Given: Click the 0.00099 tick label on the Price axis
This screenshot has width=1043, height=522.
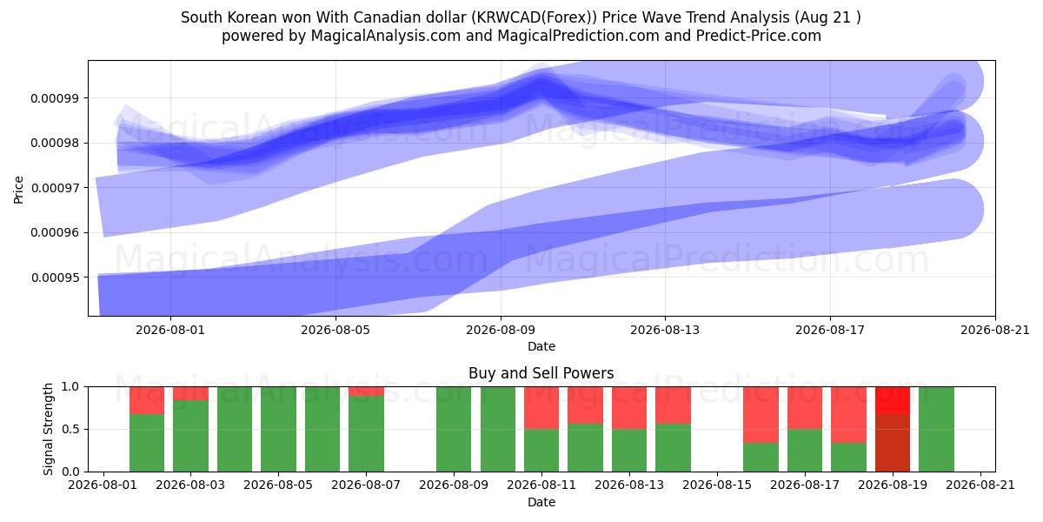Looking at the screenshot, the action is (55, 98).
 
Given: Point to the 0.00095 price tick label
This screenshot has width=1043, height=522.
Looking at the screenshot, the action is (55, 278).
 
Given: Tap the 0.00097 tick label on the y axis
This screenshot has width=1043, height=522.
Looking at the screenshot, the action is (55, 188).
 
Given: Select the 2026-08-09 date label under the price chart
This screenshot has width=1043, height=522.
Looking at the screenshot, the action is (501, 330).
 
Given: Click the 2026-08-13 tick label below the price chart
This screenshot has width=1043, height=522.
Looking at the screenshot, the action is (665, 330).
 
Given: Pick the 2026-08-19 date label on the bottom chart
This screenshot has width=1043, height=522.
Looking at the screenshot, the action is (893, 485).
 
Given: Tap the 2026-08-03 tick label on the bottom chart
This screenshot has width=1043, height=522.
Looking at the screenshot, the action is (190, 485).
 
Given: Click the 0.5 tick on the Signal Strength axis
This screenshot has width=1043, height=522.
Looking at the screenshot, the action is (70, 429).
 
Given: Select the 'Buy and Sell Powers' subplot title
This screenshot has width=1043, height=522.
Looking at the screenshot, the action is (541, 373).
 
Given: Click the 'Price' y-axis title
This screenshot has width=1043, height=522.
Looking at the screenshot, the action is (18, 190).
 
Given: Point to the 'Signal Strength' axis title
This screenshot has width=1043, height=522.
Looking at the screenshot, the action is (48, 429).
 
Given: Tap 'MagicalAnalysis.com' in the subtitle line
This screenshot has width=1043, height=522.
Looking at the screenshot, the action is (386, 36).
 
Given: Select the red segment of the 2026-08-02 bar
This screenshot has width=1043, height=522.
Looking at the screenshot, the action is (147, 400).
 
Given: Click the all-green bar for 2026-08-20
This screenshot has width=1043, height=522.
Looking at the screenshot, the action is (936, 429).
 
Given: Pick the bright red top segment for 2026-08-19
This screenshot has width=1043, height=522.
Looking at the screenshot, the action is (893, 400).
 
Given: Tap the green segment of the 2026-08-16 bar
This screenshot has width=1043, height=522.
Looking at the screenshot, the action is (761, 458).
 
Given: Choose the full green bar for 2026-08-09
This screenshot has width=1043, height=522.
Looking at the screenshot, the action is (454, 429).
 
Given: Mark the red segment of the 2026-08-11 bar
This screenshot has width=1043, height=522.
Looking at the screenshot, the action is (541, 408).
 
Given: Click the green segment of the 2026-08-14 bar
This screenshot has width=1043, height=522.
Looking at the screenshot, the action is (674, 448).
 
